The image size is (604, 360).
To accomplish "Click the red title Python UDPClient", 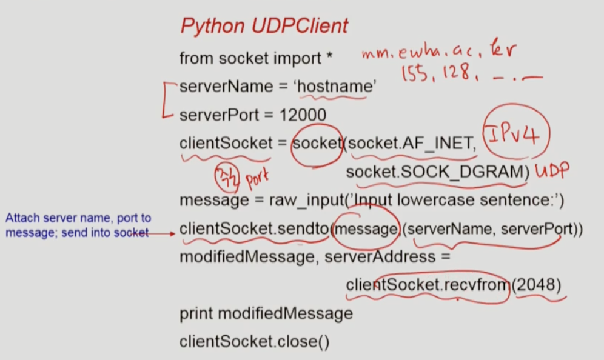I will click(x=264, y=26).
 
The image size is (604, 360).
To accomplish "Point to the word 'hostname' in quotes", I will click(x=335, y=87).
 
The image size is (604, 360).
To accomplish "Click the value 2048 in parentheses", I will click(x=537, y=284).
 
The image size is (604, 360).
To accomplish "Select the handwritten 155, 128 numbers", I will click(x=436, y=73).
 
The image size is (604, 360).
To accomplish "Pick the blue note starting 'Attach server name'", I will click(x=78, y=225).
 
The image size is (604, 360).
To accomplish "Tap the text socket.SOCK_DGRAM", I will click(x=434, y=173).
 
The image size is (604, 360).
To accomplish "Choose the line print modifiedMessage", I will click(x=266, y=313).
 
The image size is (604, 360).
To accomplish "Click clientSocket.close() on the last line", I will click(x=254, y=342).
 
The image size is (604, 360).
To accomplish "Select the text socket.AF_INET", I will click(x=410, y=144).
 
